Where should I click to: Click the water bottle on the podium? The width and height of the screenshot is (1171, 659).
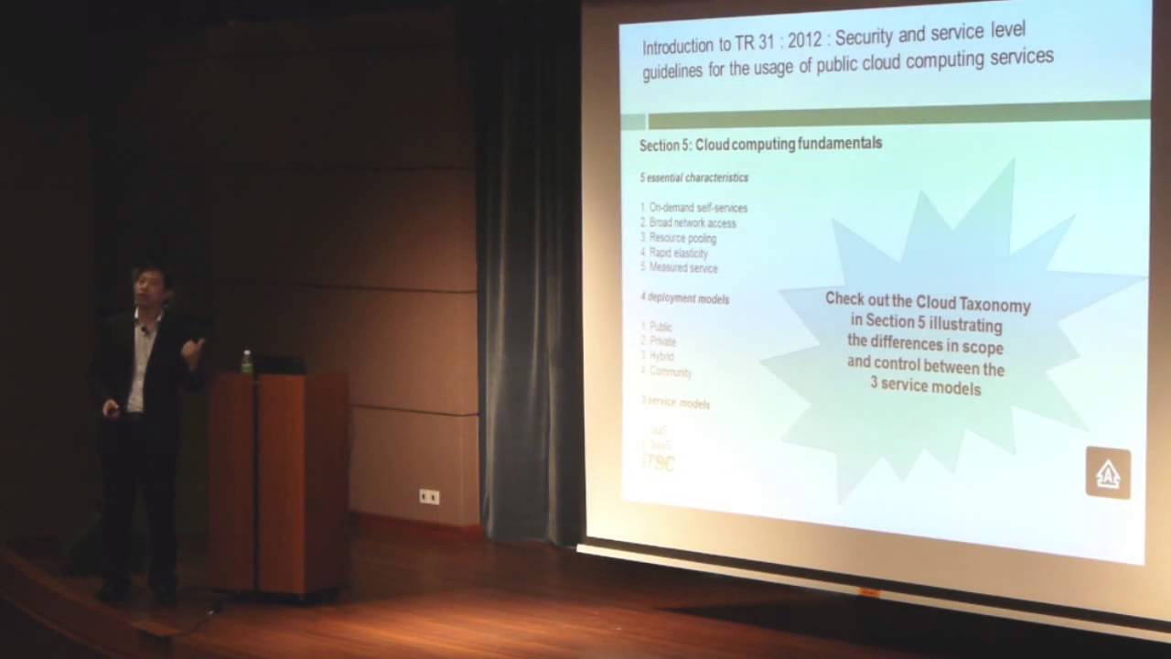[x=246, y=362]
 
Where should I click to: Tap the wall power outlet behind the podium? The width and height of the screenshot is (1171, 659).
[x=429, y=496]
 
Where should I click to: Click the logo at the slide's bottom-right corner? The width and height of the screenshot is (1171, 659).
[x=1108, y=473]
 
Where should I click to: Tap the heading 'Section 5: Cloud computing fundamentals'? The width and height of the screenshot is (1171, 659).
[x=760, y=145]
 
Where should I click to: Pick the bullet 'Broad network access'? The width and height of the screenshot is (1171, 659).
[x=693, y=222]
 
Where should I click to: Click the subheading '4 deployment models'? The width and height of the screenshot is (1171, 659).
[x=684, y=298]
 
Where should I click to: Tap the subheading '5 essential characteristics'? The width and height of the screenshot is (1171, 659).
[x=693, y=178]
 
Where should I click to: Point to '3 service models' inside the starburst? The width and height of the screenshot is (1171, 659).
[x=926, y=388]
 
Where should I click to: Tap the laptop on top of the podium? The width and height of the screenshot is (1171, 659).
[x=279, y=364]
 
